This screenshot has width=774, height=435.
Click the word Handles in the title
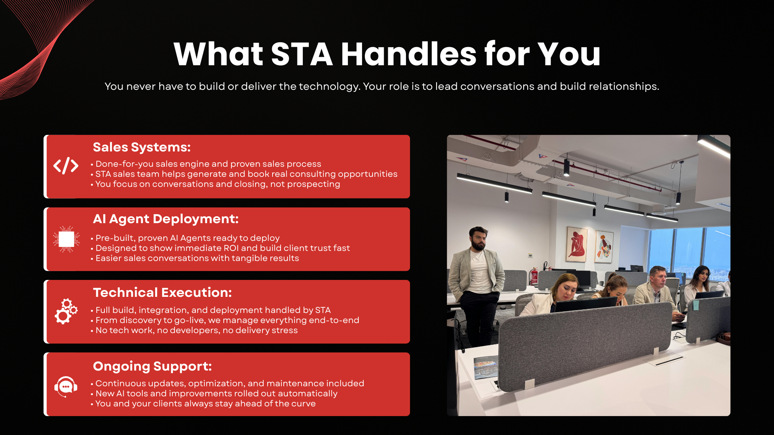(x=409, y=54)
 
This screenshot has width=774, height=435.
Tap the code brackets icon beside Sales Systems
(x=66, y=166)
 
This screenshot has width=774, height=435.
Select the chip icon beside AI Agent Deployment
(x=66, y=239)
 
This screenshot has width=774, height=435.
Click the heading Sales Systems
(x=141, y=147)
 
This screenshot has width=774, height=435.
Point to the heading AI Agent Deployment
(x=166, y=219)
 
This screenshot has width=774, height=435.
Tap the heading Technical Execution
(x=162, y=292)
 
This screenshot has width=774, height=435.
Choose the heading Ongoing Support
(x=152, y=366)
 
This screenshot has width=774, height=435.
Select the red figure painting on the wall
(x=576, y=244)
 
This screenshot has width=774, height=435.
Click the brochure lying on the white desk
(x=485, y=368)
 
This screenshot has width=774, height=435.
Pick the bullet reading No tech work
(x=196, y=331)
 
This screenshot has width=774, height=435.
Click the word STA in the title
(x=302, y=54)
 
